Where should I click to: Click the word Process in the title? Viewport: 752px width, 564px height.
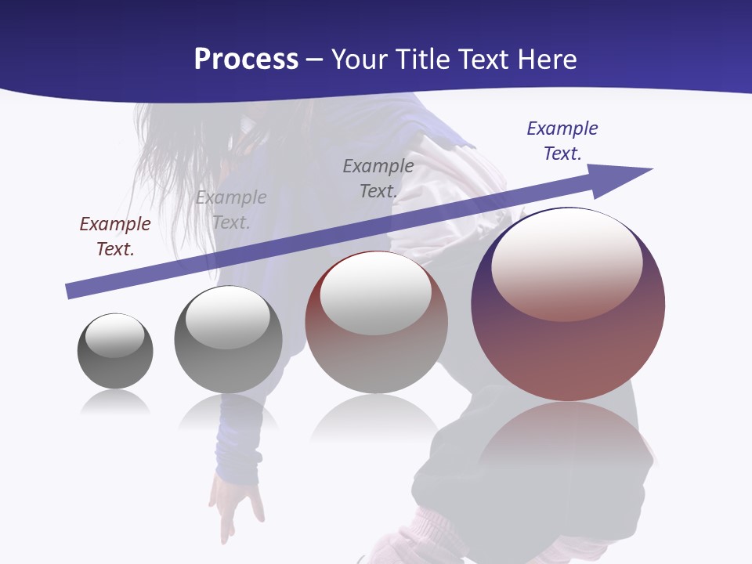pyautogui.click(x=246, y=60)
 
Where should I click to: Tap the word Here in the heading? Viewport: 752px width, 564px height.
pyautogui.click(x=545, y=60)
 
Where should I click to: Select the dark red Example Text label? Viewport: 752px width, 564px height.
pyautogui.click(x=115, y=237)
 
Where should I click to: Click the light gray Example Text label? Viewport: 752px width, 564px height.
pyautogui.click(x=231, y=210)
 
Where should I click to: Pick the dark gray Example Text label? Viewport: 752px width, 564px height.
pyautogui.click(x=378, y=179)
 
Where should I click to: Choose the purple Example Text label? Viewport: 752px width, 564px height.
pyautogui.click(x=562, y=141)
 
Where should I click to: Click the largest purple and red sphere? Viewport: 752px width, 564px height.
pyautogui.click(x=568, y=345)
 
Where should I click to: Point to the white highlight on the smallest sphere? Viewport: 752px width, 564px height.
pyautogui.click(x=115, y=335)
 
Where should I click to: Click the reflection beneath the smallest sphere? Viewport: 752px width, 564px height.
pyautogui.click(x=115, y=403)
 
